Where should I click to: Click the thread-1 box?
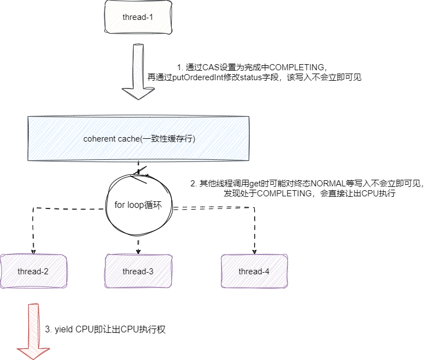click(x=138, y=17)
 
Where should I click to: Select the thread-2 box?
click(x=33, y=271)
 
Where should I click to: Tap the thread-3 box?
click(x=138, y=271)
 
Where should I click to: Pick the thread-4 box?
click(x=254, y=271)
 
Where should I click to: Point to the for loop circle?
click(x=138, y=205)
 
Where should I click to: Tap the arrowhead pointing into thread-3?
click(x=138, y=250)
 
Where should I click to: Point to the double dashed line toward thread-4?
click(x=215, y=208)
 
